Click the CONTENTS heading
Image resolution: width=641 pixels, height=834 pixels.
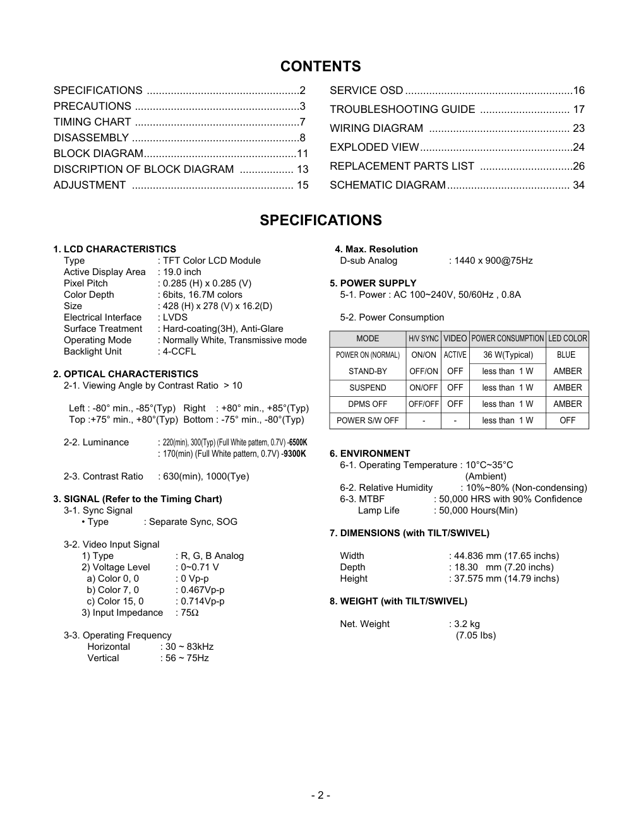320,66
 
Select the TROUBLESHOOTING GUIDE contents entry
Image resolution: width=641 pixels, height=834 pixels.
402,109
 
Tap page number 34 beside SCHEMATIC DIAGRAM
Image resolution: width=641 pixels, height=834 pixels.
578,185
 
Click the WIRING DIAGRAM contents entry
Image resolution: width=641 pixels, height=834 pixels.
376,128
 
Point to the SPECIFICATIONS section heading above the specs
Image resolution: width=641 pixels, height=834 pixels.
320,220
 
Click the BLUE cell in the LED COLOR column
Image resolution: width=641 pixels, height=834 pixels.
566,355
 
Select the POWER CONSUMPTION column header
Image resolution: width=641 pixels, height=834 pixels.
507,338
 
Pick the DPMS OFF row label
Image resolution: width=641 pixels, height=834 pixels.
368,404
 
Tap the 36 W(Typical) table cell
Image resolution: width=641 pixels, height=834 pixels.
508,355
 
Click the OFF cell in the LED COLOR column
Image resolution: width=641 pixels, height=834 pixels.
567,420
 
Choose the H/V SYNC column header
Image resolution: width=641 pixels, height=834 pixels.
423,338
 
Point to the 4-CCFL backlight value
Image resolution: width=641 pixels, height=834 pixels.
179,351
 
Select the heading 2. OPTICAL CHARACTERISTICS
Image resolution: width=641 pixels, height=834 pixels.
126,374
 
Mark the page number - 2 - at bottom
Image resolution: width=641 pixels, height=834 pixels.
320,795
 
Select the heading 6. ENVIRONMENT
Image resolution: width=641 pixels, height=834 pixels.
369,454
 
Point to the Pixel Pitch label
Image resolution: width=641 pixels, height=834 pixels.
86,283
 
